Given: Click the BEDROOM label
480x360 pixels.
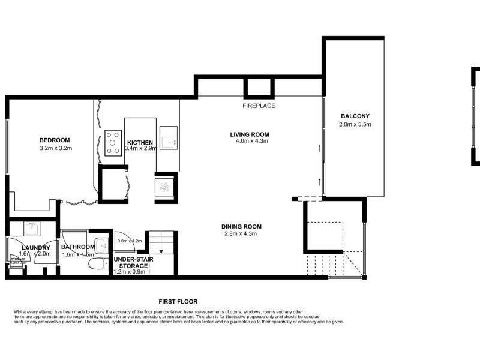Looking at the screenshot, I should (55, 140).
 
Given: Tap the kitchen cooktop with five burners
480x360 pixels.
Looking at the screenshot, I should (113, 143).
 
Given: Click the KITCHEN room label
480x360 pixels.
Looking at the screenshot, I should (139, 142).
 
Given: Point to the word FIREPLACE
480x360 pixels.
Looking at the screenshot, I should (259, 106).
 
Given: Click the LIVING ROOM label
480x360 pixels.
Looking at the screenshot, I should (250, 134).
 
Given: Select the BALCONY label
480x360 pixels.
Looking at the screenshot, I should (355, 116).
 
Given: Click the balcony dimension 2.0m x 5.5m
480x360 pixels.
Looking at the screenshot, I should (355, 125).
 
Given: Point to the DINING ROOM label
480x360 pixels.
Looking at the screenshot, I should (242, 226).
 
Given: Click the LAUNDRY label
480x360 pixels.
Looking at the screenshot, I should (35, 247).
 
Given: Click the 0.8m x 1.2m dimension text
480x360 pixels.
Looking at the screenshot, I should (129, 241).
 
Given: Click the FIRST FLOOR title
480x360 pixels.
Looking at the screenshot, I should (178, 302).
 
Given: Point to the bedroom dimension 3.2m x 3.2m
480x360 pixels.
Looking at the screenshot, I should (55, 148).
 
